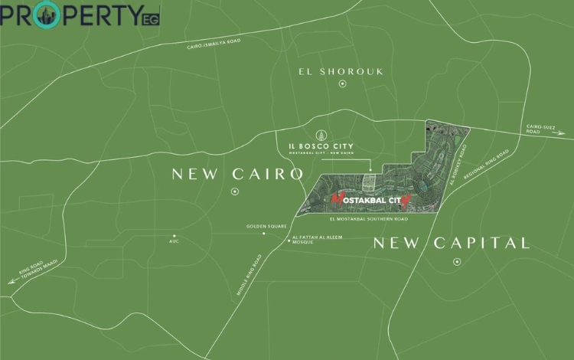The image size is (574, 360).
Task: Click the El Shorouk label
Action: [341, 72]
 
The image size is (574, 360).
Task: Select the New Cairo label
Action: [237, 174]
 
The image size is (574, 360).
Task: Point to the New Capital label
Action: [451, 244]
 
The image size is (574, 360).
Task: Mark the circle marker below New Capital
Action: [457, 262]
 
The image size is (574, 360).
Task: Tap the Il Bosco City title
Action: [321, 146]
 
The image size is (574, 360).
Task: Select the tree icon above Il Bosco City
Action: [322, 133]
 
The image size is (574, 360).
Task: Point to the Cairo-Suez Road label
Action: [543, 129]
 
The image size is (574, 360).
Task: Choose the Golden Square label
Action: [266, 227]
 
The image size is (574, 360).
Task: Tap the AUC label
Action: [174, 241]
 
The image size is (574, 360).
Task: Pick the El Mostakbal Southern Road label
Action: [367, 218]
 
